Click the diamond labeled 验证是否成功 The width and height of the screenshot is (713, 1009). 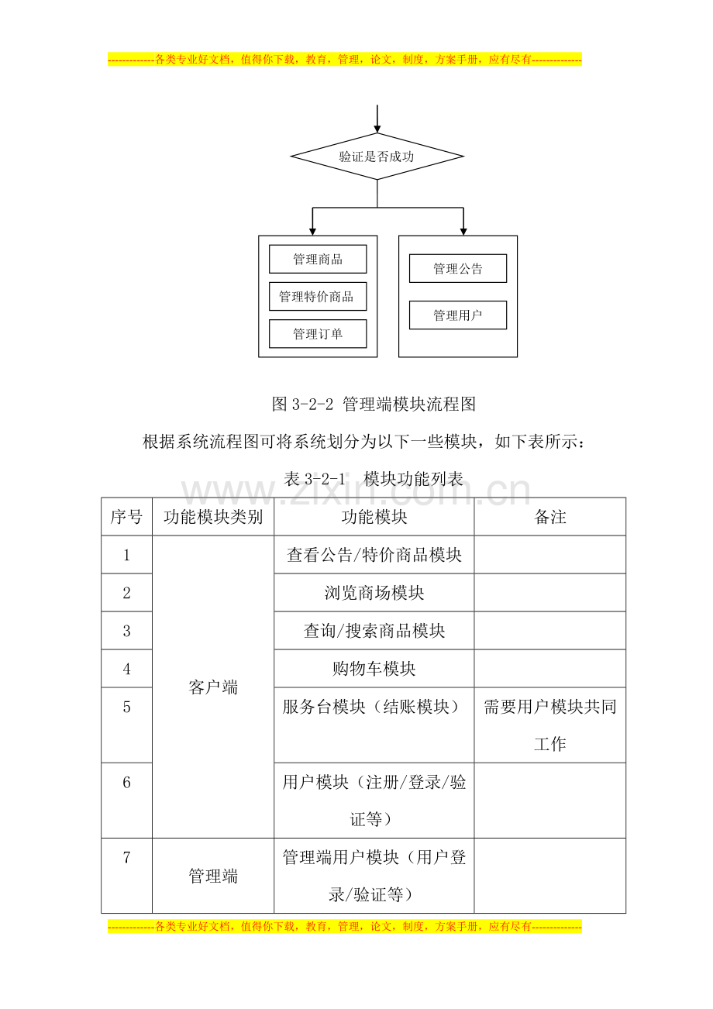tap(377, 157)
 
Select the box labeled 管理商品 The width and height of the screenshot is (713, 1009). tap(318, 259)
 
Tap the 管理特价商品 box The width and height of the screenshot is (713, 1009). tap(318, 296)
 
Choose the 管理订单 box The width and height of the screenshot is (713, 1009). tap(318, 334)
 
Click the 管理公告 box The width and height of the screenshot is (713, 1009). tap(457, 268)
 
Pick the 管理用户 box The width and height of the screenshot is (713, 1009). tap(457, 315)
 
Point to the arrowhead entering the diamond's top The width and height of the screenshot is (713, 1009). tap(377, 129)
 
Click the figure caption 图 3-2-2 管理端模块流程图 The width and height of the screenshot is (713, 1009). tap(374, 404)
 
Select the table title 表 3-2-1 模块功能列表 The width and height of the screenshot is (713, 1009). tap(374, 478)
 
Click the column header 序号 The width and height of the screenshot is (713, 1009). tap(126, 517)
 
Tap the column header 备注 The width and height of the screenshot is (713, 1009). tap(550, 517)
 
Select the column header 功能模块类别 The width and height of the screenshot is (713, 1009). tap(213, 517)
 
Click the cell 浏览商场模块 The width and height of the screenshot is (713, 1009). tap(374, 592)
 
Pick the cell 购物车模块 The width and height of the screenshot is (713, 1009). tap(374, 668)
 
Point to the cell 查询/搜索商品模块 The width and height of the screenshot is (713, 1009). tap(374, 630)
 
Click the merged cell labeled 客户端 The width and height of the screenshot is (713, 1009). tap(213, 687)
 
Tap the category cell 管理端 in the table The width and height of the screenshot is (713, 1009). tap(213, 876)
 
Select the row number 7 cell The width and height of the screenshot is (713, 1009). tap(126, 876)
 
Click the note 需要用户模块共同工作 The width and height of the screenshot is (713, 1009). tap(550, 725)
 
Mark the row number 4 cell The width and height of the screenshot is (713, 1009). tap(126, 668)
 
